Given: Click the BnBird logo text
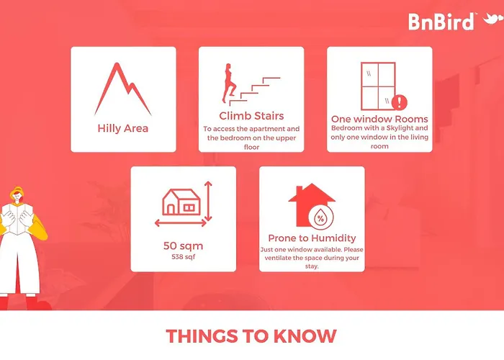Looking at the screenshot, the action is (x=441, y=22).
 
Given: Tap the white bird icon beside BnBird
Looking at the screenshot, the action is (x=492, y=19).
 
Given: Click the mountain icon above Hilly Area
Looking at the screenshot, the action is (x=123, y=89).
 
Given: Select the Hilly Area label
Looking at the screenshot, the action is (x=123, y=128).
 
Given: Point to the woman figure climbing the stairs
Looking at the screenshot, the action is (x=229, y=83).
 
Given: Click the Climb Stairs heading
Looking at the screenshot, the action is (x=251, y=116).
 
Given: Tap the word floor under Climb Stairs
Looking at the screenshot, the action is (x=251, y=147).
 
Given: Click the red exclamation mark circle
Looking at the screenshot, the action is (x=400, y=102).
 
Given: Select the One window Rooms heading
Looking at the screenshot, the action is (x=379, y=119).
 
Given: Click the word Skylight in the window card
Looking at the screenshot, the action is (x=400, y=128).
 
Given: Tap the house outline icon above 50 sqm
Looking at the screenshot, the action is (x=181, y=202).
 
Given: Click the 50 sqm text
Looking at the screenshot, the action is (x=183, y=246).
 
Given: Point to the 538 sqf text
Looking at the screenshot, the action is (x=183, y=257).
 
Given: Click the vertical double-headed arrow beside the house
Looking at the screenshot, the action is (x=208, y=202).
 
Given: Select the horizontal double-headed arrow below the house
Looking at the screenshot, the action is (x=181, y=222).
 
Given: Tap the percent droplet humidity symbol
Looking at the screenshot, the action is (x=321, y=217).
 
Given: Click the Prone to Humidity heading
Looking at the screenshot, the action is (x=312, y=238).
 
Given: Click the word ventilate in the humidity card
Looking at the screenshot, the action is (x=278, y=258).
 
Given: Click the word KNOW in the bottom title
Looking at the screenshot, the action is (x=305, y=336).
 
